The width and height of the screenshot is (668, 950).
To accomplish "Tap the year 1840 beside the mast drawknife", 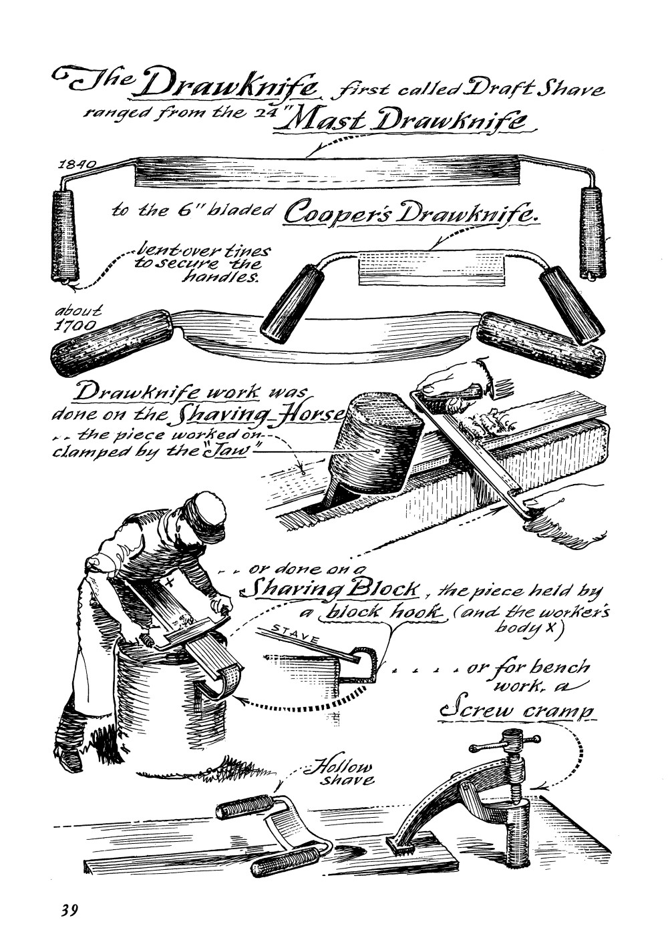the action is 77,164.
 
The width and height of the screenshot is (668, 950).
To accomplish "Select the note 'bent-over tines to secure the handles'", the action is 202,264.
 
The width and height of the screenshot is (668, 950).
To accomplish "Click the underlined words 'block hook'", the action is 383,612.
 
